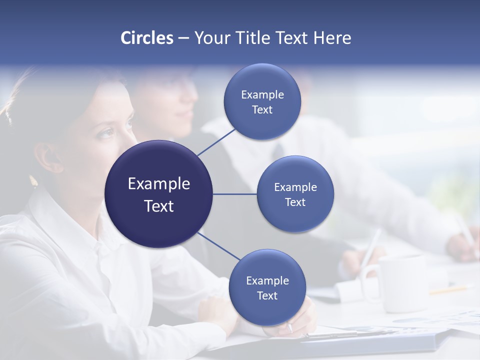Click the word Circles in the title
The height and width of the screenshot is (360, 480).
(x=146, y=38)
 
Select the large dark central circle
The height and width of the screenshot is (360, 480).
(x=158, y=194)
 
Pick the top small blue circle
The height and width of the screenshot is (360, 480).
(x=262, y=102)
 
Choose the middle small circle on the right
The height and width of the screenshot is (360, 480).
(x=295, y=194)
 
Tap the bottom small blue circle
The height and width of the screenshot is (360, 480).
(x=267, y=287)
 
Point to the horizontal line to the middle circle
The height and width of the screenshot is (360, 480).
(x=234, y=194)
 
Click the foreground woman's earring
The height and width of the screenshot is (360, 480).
(x=33, y=180)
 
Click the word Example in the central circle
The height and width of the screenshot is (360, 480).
(x=158, y=184)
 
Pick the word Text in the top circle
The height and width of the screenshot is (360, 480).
(x=262, y=110)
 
